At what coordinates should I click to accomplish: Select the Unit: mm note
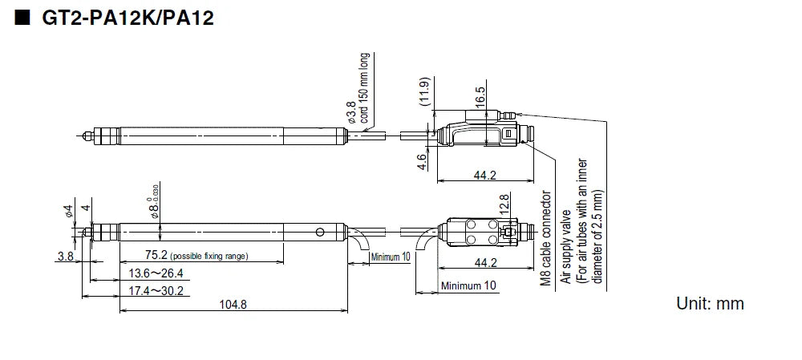711,303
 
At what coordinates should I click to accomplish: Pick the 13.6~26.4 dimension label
156,273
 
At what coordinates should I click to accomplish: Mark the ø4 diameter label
69,212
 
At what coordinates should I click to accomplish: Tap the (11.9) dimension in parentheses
425,93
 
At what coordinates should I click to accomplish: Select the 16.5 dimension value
480,96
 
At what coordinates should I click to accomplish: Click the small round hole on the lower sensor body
322,233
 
